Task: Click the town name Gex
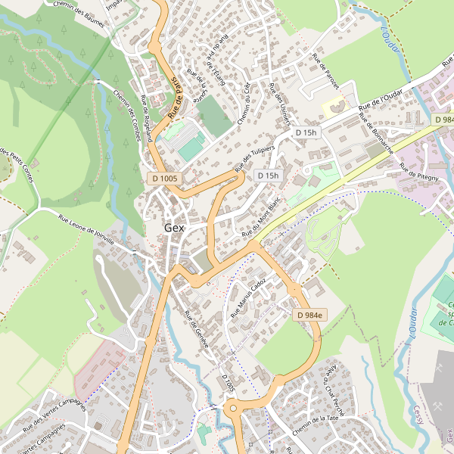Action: (x=174, y=228)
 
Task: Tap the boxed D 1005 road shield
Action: (x=164, y=178)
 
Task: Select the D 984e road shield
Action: (x=309, y=315)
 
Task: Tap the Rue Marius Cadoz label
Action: (x=248, y=297)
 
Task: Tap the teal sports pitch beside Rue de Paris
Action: (x=191, y=147)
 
